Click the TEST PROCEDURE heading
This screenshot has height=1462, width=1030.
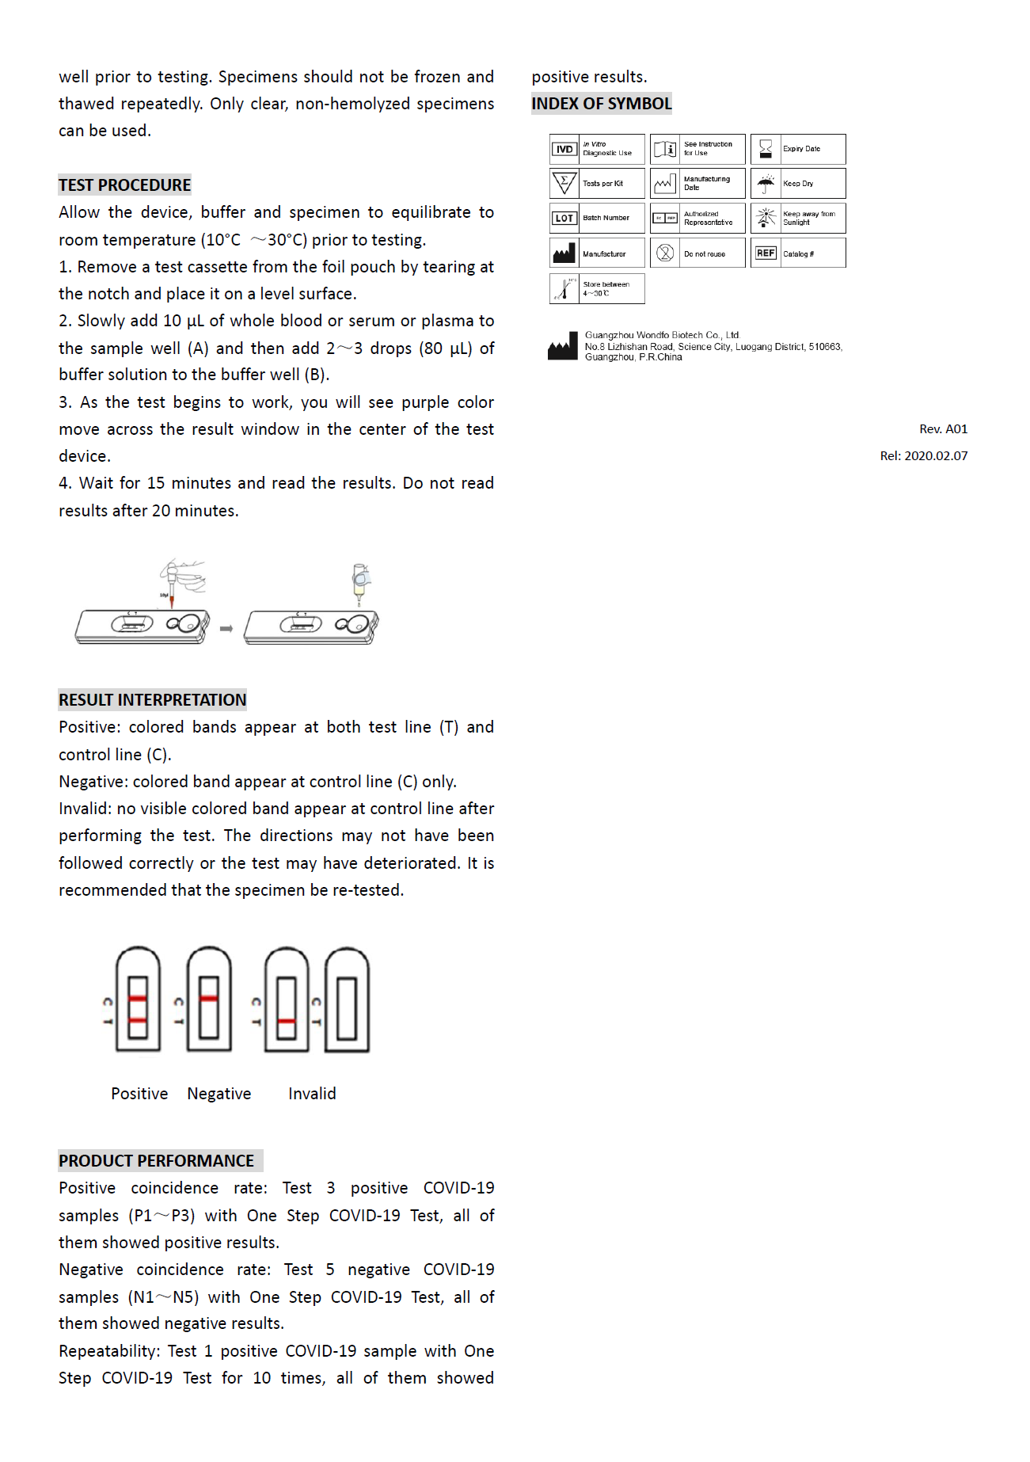(124, 185)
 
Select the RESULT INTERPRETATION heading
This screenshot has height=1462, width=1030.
(152, 700)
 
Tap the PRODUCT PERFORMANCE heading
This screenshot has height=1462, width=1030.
(156, 1161)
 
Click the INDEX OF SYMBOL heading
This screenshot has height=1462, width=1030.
(601, 104)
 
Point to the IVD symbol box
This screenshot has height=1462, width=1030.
(564, 149)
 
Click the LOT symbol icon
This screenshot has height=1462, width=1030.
(564, 218)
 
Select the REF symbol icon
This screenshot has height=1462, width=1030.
(766, 253)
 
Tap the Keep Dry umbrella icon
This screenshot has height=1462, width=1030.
(766, 184)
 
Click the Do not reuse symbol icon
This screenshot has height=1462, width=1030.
(665, 253)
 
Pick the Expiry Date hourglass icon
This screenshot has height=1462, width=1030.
(766, 149)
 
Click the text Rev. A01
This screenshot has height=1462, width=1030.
(943, 429)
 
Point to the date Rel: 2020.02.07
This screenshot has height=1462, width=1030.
(923, 456)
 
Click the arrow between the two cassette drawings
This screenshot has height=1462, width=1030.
(226, 629)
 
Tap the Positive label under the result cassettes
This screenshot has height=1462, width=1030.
(139, 1094)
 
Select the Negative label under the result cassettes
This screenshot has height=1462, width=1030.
(219, 1094)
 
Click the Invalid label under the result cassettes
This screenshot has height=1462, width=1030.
(312, 1094)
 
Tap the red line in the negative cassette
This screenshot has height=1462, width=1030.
(209, 999)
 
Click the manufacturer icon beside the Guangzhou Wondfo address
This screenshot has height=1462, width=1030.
(563, 346)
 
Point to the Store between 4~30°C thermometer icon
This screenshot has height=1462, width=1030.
(564, 288)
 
